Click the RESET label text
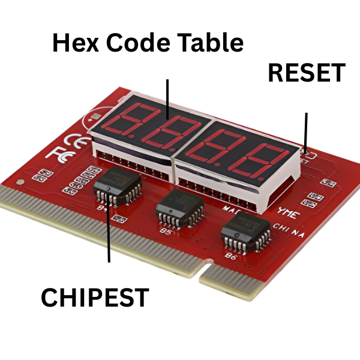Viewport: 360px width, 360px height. click(307, 73)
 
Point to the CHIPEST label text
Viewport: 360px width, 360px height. click(95, 298)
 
